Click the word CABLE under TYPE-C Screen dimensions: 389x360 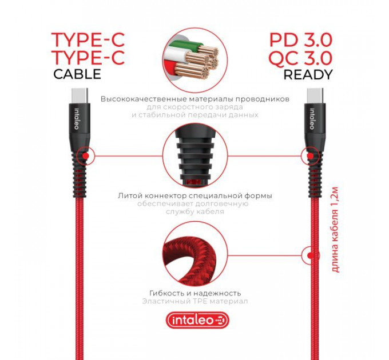tap(77, 74)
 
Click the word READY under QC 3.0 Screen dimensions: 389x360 tap(308, 75)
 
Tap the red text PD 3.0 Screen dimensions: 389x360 tap(301, 41)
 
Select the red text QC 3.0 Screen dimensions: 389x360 tap(301, 58)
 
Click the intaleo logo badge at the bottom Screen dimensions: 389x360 tap(197, 320)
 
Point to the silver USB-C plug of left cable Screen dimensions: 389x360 tap(80, 95)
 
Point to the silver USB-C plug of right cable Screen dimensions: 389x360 tap(315, 95)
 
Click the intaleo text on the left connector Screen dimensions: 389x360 tap(77, 119)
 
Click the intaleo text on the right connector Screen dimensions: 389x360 tap(312, 119)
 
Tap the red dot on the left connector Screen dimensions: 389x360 tap(86, 156)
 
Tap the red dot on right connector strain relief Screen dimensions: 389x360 tap(310, 156)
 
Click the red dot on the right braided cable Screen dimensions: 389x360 tap(310, 255)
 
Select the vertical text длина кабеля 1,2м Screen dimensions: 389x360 tap(335, 229)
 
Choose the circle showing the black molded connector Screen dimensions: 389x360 tap(195, 156)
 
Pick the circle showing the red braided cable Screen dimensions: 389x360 tap(195, 254)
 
